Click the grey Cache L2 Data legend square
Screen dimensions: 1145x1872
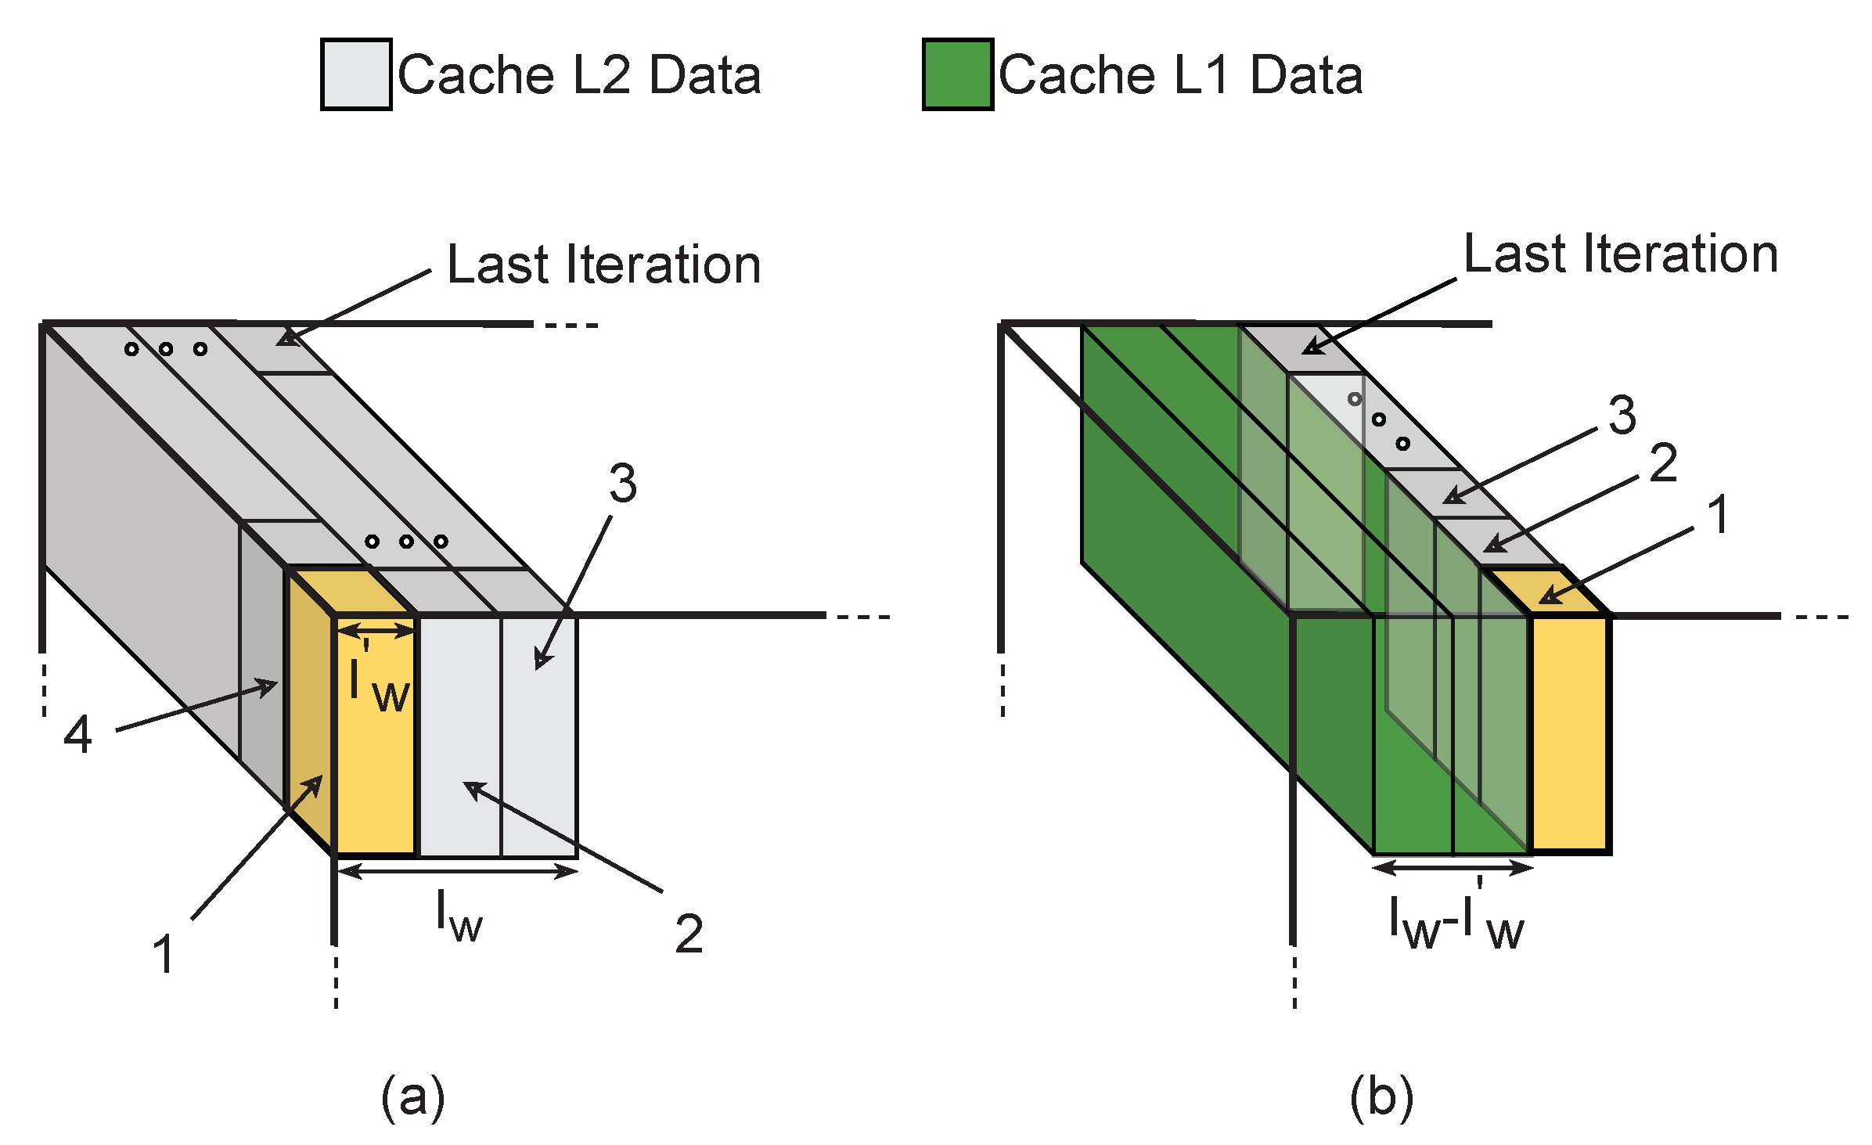click(355, 74)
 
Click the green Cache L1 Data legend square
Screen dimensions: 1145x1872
click(957, 74)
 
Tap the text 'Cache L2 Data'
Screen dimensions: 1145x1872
click(579, 75)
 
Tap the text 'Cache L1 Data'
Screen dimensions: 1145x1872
click(1180, 75)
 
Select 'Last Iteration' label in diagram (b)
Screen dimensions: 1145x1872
click(1621, 254)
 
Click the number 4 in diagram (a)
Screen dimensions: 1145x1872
click(77, 735)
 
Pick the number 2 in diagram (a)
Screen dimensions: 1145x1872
click(689, 934)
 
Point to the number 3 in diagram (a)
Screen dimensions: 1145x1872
click(623, 484)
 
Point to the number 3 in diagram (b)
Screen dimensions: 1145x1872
click(1622, 415)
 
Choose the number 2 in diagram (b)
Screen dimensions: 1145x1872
click(1663, 463)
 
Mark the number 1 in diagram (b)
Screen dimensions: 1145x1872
click(1719, 515)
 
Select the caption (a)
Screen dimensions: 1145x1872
click(412, 1097)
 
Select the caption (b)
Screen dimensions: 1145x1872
click(1381, 1097)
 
